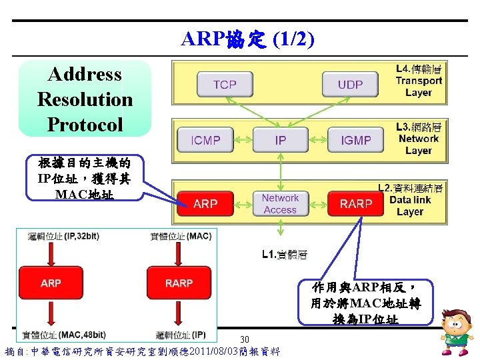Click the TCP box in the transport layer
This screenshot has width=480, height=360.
(225, 85)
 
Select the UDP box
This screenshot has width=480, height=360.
(350, 85)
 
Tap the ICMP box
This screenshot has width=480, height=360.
(206, 140)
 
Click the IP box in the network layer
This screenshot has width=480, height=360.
(281, 140)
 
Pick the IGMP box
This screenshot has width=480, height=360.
(355, 140)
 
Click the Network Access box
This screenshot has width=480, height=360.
(280, 203)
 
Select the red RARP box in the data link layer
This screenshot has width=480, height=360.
(356, 203)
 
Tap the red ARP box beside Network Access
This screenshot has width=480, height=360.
(205, 203)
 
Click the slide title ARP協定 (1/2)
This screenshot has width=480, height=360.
(247, 40)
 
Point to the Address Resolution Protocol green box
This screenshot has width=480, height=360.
(85, 99)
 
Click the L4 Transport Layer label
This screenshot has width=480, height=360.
(419, 81)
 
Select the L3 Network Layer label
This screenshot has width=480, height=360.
(419, 139)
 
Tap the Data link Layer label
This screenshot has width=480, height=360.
(410, 200)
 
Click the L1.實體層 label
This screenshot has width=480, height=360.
(283, 254)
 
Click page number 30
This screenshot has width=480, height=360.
(244, 340)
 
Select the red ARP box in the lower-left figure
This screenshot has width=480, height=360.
(51, 283)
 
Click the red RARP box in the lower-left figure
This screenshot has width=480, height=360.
(179, 283)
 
